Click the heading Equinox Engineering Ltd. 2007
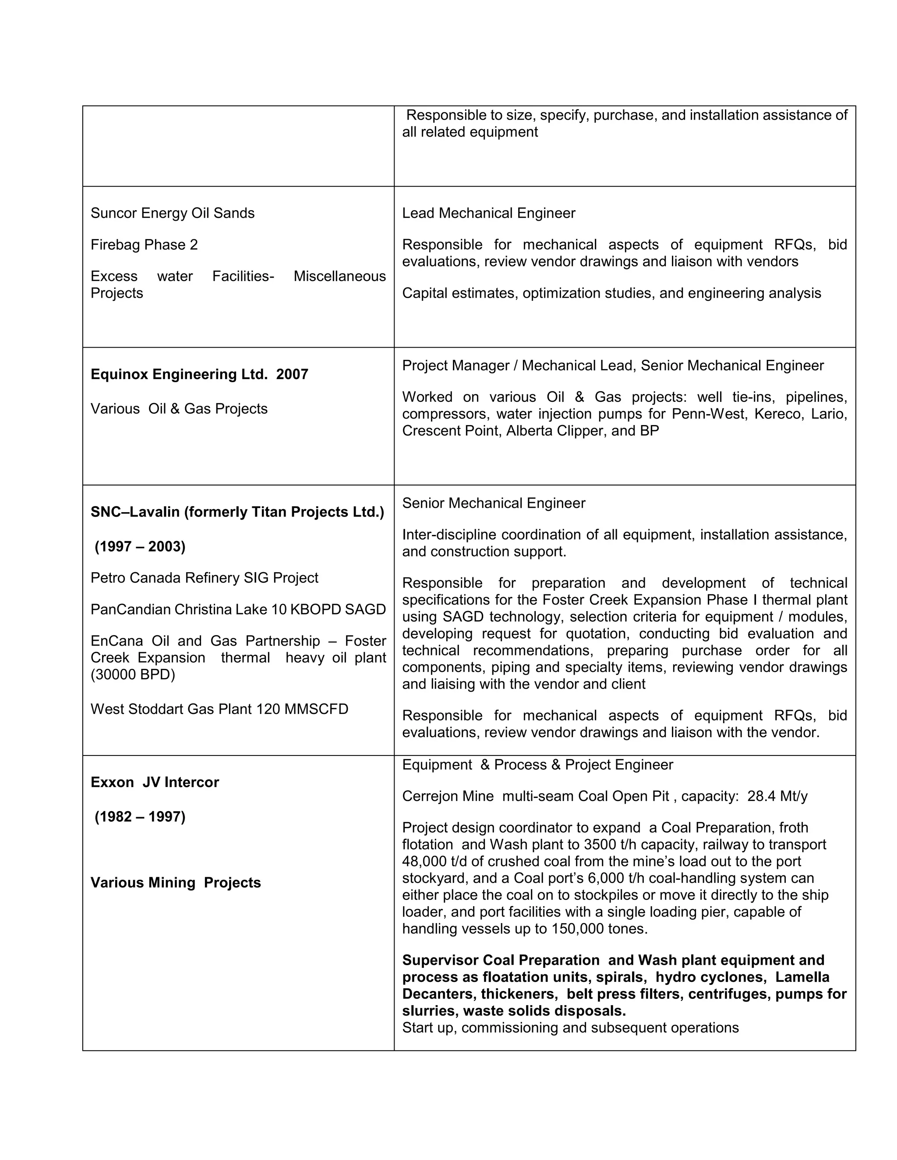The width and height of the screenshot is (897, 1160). pyautogui.click(x=199, y=374)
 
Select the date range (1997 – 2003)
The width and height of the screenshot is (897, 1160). pyautogui.click(x=140, y=547)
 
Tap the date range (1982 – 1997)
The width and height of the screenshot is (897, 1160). pyautogui.click(x=140, y=816)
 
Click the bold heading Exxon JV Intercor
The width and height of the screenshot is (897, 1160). pyautogui.click(x=155, y=782)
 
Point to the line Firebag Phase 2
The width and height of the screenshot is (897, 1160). pyautogui.click(x=144, y=245)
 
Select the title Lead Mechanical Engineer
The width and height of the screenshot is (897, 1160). pyautogui.click(x=488, y=214)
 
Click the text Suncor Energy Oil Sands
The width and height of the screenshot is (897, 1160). pyautogui.click(x=172, y=214)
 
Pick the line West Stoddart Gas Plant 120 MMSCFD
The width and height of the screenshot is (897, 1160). pyautogui.click(x=219, y=709)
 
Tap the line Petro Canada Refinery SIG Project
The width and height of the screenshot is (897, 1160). pyautogui.click(x=204, y=578)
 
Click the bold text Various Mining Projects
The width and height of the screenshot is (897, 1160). pyautogui.click(x=175, y=883)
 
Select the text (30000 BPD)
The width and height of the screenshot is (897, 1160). pyautogui.click(x=132, y=675)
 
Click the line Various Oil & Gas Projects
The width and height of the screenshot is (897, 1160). pyautogui.click(x=179, y=409)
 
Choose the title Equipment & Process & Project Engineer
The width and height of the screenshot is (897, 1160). pyautogui.click(x=537, y=765)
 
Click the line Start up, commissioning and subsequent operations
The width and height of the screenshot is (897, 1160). pyautogui.click(x=570, y=1028)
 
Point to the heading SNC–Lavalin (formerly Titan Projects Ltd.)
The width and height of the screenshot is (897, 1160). pyautogui.click(x=237, y=512)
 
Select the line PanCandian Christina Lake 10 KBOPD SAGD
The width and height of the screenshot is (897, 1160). pyautogui.click(x=238, y=609)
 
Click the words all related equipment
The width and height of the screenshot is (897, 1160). pyautogui.click(x=470, y=132)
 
